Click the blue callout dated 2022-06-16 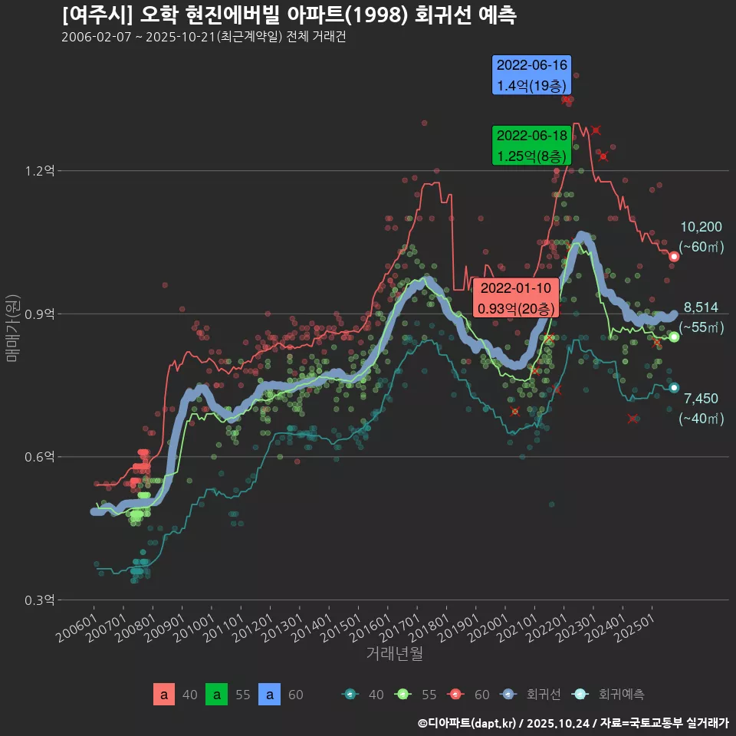[532, 75]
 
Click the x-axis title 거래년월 [394, 654]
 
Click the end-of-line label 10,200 [701, 227]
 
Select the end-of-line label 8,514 [701, 307]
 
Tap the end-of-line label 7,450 [701, 398]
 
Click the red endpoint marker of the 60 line [674, 256]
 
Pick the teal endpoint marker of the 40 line [674, 387]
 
